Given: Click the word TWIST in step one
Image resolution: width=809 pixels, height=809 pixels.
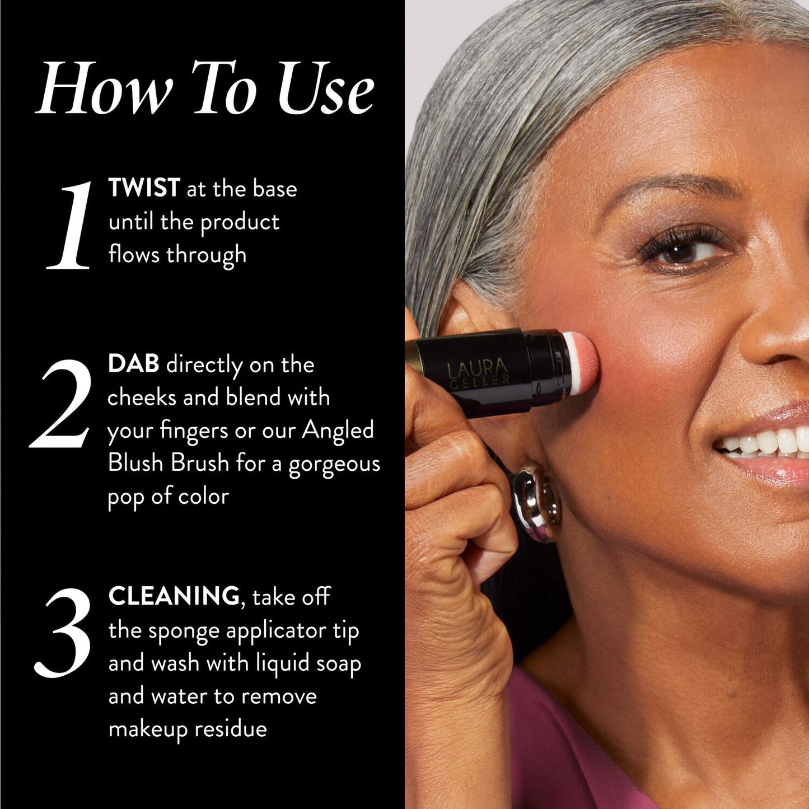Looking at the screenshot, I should pyautogui.click(x=144, y=188).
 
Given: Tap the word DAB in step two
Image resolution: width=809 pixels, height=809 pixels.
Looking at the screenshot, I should pyautogui.click(x=133, y=364).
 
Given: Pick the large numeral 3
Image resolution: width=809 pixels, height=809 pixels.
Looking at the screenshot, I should pyautogui.click(x=63, y=633).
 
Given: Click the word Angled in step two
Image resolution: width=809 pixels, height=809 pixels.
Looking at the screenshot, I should pyautogui.click(x=338, y=431).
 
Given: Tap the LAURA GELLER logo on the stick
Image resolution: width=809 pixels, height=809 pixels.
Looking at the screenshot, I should pyautogui.click(x=478, y=372).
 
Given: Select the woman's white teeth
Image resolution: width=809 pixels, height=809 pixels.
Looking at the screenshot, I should pyautogui.click(x=767, y=442).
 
